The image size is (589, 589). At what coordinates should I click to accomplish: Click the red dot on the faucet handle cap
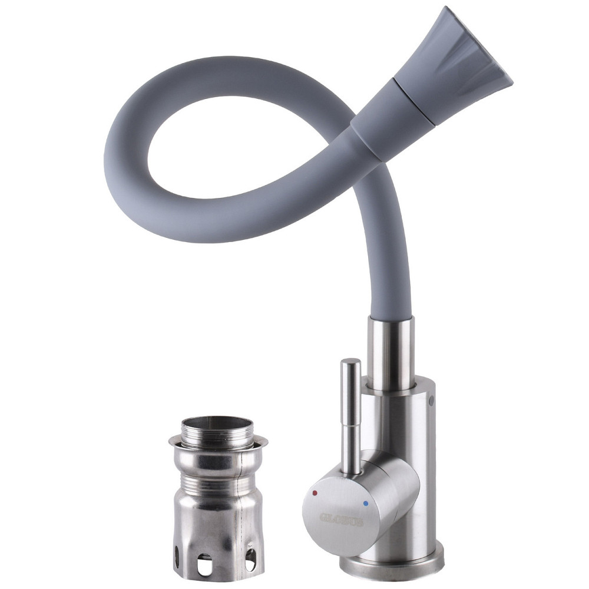pyautogui.click(x=316, y=492)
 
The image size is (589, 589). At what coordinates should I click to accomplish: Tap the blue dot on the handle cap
pyautogui.click(x=366, y=504)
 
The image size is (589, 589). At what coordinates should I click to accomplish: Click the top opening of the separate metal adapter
pyautogui.click(x=217, y=422)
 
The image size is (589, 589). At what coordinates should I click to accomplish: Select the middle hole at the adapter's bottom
pyautogui.click(x=206, y=564)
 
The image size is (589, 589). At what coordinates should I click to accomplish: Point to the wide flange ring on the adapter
pyautogui.click(x=218, y=443)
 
